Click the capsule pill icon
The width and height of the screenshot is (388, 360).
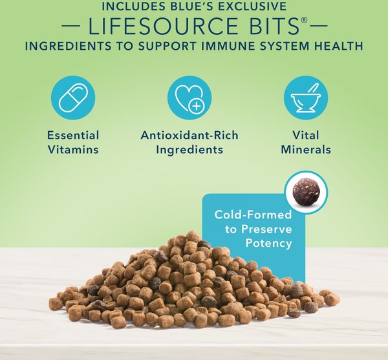[73, 98]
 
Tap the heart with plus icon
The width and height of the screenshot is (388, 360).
[189, 98]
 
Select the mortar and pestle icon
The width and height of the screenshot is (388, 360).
[306, 98]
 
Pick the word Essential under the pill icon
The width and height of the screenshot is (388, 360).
[73, 135]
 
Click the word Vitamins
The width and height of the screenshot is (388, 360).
[73, 150]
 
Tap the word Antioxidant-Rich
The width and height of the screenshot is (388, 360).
[189, 135]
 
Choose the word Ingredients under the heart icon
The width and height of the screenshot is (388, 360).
[189, 150]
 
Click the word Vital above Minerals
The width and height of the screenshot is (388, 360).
[306, 135]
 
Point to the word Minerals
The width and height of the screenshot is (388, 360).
[306, 150]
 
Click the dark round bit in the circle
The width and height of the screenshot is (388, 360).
[306, 192]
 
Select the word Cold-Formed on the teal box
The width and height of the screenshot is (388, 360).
[253, 215]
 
